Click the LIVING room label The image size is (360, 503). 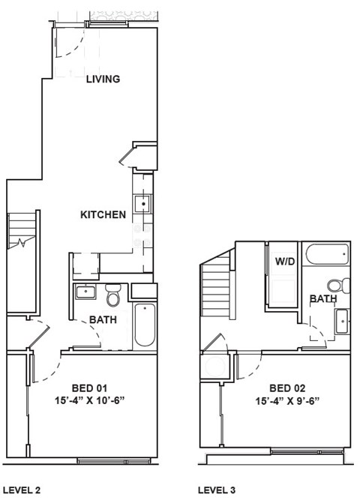point(103,79)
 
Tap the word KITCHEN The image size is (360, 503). point(103,215)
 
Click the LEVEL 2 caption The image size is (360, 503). point(22,490)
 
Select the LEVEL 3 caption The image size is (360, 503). point(217,490)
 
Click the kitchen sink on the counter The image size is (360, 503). point(142,203)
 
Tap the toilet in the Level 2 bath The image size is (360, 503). point(113,296)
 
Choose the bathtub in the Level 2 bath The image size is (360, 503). point(144,325)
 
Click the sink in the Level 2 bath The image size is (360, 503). point(85,292)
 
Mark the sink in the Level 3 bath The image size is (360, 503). point(341,322)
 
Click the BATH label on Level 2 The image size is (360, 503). point(103,320)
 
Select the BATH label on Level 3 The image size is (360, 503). point(323,299)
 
